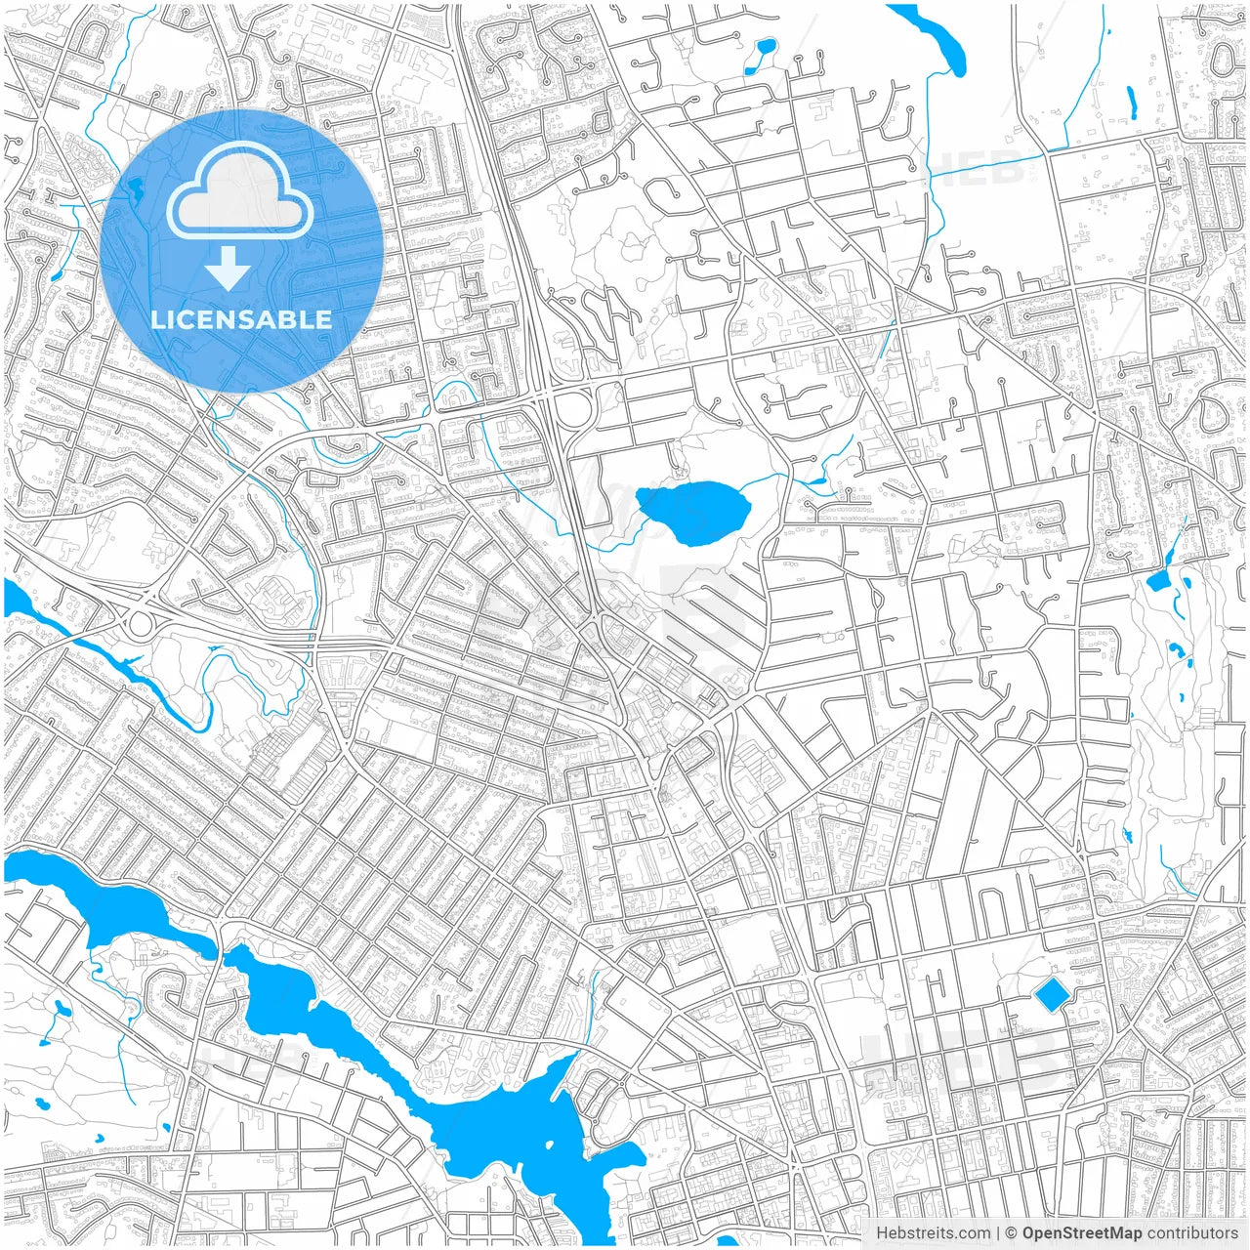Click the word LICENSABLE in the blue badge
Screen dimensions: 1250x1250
pyautogui.click(x=241, y=319)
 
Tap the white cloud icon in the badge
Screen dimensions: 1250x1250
pyautogui.click(x=240, y=192)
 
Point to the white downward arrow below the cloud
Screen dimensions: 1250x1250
pyautogui.click(x=229, y=268)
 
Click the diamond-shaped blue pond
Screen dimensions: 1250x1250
pyautogui.click(x=1052, y=995)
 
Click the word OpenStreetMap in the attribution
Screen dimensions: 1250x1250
pyautogui.click(x=1081, y=1233)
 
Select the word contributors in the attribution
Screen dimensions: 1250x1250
pyautogui.click(x=1192, y=1233)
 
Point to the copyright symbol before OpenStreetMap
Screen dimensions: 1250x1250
pyautogui.click(x=1012, y=1233)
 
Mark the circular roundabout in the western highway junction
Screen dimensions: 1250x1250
pyautogui.click(x=141, y=623)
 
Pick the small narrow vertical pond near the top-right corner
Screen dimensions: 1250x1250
pyautogui.click(x=1132, y=103)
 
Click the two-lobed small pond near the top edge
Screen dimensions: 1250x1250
pyautogui.click(x=760, y=57)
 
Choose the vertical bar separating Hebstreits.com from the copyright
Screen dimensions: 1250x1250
pyautogui.click(x=997, y=1233)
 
